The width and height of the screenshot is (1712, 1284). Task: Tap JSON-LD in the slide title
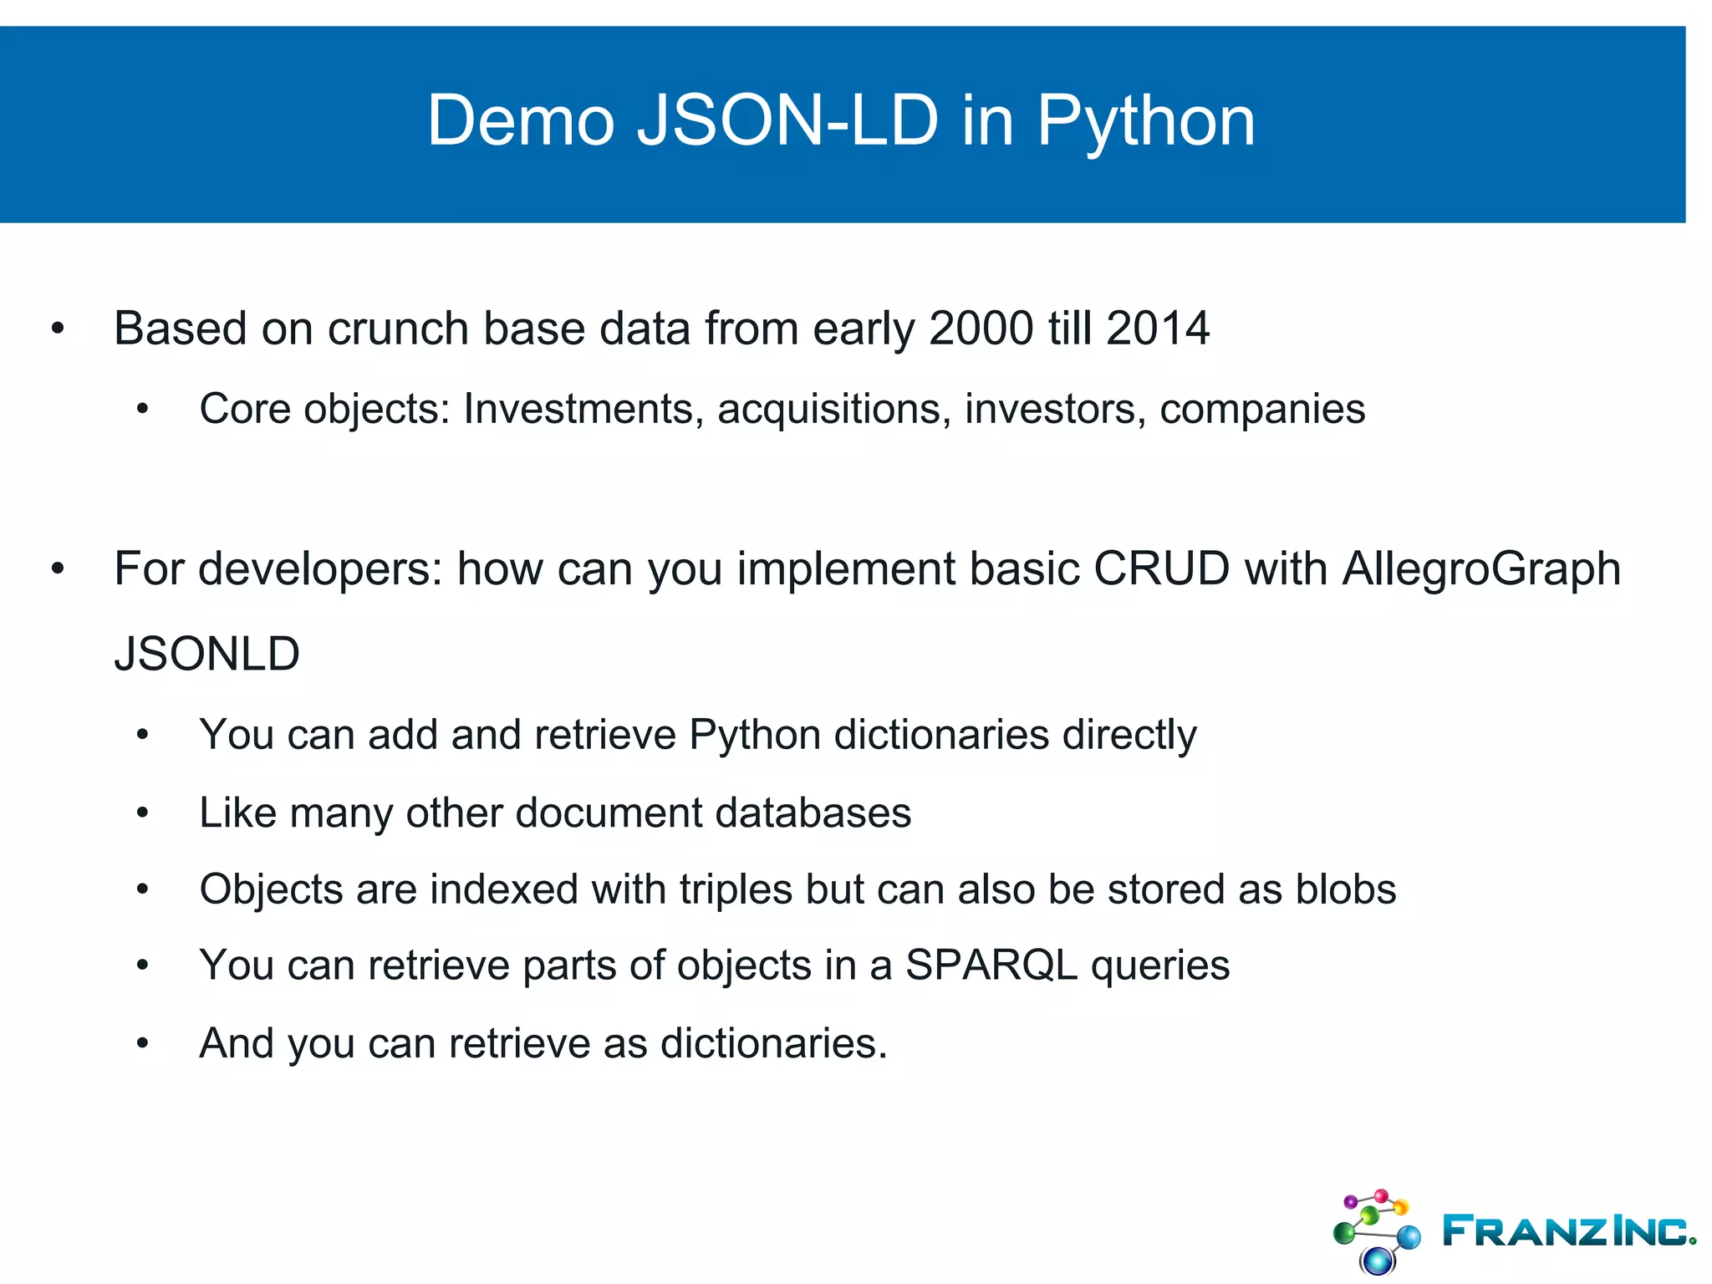tap(787, 122)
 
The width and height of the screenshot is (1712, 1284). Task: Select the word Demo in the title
tap(520, 122)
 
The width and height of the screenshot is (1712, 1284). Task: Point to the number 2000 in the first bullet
tap(981, 328)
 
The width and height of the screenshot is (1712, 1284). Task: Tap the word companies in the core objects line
tap(1262, 409)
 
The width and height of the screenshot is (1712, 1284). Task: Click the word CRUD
tap(1161, 568)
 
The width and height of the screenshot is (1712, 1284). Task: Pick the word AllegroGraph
tap(1481, 568)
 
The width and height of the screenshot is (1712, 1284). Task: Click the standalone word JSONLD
tap(206, 654)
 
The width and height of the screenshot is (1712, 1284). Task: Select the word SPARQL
tap(991, 966)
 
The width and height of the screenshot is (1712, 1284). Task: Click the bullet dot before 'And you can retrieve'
tap(143, 1042)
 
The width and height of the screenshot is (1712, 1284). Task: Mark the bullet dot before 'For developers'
tap(58, 569)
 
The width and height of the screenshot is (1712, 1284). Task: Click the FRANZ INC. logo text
tap(1568, 1231)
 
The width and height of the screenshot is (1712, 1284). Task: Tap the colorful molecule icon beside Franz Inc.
tap(1376, 1230)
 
